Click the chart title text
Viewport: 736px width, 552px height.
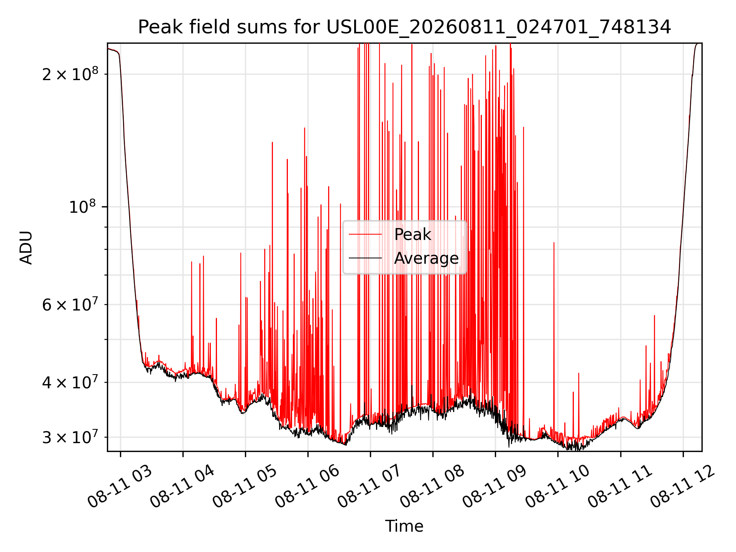click(404, 27)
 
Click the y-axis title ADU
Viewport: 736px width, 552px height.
click(26, 247)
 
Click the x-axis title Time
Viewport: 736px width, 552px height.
click(404, 526)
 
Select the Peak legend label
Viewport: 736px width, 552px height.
click(412, 235)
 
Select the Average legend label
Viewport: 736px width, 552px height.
click(426, 258)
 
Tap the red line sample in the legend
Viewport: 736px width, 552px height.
click(365, 235)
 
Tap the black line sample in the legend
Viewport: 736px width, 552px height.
click(365, 258)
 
